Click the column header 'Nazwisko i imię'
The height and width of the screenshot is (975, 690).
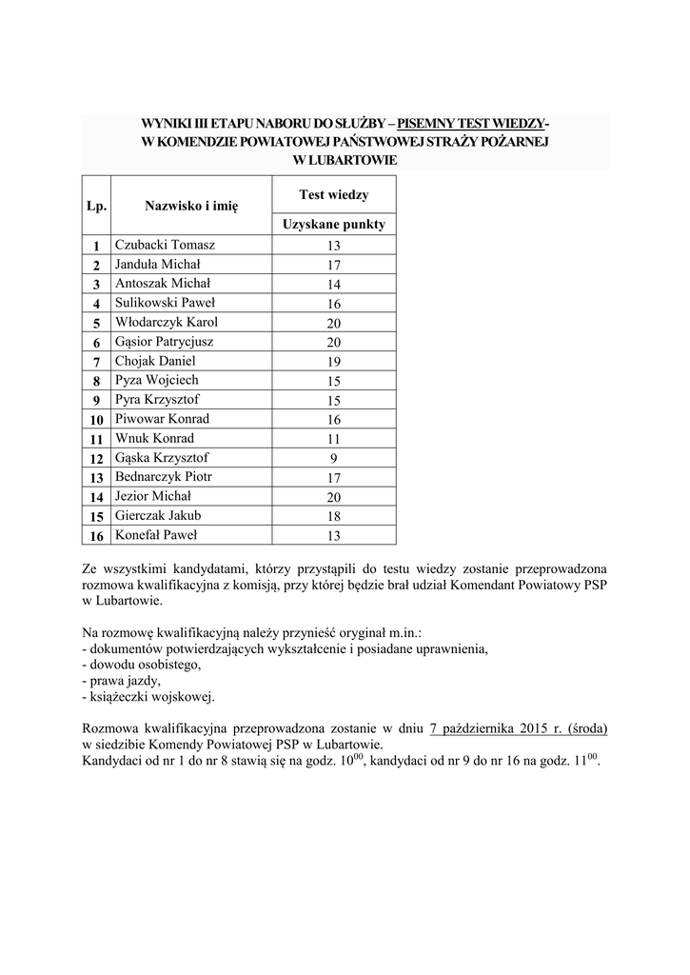point(191,205)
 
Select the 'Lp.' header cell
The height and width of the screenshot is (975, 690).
point(96,205)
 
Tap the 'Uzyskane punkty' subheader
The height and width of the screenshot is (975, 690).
point(333,225)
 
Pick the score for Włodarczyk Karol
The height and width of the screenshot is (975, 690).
point(333,323)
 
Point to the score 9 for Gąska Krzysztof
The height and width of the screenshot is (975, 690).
point(333,458)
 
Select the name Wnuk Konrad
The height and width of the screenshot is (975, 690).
point(154,438)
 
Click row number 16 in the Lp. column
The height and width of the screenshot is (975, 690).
point(96,536)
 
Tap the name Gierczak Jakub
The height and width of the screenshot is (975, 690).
point(158,515)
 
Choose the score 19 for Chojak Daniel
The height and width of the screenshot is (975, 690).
point(333,362)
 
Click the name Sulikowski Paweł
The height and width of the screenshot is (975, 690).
point(166,303)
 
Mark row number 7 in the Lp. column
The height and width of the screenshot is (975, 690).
point(96,362)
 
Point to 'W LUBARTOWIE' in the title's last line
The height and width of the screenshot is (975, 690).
point(344,159)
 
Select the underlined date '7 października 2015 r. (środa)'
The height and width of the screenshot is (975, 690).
point(519,727)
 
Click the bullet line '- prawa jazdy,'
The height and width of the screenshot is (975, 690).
point(122,680)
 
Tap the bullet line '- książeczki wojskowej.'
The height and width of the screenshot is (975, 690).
point(148,697)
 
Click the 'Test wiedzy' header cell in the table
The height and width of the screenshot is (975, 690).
point(333,194)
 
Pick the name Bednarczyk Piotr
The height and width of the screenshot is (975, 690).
point(164,476)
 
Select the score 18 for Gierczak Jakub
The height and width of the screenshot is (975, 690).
point(333,516)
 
